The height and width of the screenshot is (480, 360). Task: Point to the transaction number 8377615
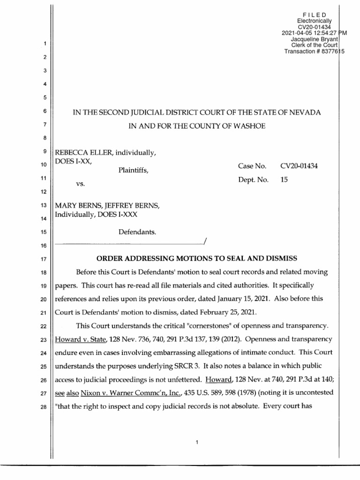click(329, 52)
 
